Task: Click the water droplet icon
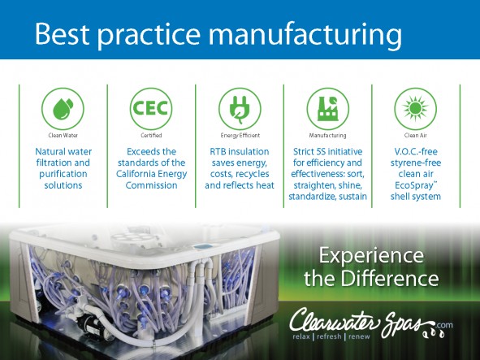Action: click(63, 109)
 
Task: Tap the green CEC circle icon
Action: click(151, 109)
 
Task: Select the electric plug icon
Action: click(240, 109)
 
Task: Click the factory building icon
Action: click(328, 109)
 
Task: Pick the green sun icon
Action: click(415, 109)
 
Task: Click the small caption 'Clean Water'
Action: click(63, 135)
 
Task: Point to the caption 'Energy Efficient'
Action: click(240, 136)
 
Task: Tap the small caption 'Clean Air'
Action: click(415, 135)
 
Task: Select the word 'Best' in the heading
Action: click(62, 33)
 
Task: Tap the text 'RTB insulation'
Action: click(240, 151)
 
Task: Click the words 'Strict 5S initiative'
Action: click(327, 151)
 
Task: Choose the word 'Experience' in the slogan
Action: click(371, 255)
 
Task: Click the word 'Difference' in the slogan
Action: click(390, 278)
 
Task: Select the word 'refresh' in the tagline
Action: click(329, 336)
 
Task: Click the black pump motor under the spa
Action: click(91, 325)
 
